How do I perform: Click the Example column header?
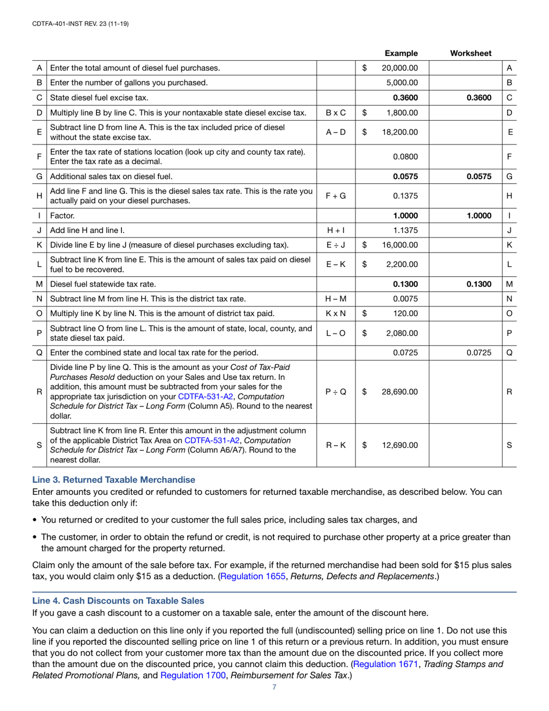(401, 53)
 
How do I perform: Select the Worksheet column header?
(470, 53)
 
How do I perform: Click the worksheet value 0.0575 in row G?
(479, 176)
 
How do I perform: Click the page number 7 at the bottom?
(274, 687)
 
